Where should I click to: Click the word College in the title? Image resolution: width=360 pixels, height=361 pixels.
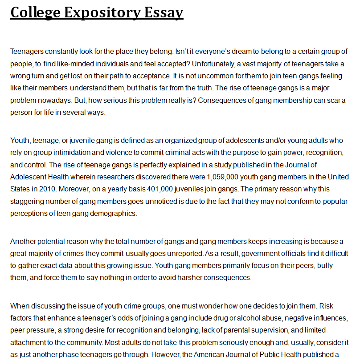pyautogui.click(x=35, y=12)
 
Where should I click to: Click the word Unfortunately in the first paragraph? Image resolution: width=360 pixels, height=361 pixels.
pyautogui.click(x=221, y=64)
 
